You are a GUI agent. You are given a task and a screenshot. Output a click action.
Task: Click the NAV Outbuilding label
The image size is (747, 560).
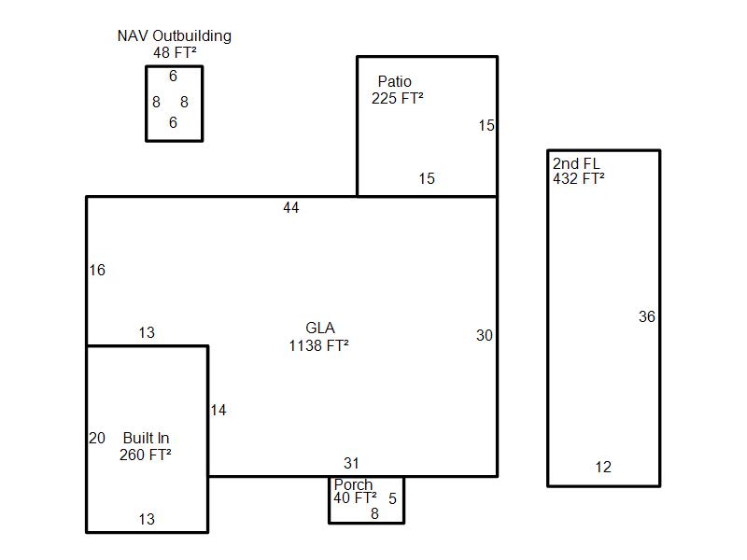174,36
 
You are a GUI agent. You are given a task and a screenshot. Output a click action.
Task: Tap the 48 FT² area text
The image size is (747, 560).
174,52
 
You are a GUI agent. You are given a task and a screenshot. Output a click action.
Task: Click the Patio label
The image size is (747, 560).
394,82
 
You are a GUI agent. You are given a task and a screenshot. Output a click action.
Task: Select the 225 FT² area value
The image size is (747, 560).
397,98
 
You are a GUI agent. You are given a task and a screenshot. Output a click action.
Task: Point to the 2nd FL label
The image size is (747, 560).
576,163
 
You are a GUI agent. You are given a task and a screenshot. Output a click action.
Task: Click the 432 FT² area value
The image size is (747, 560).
578,179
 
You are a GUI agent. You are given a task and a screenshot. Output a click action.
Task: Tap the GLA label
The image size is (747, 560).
320,329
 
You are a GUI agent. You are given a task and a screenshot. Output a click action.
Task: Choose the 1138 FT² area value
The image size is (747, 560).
319,345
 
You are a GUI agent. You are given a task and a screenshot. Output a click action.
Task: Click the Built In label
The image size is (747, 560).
146,439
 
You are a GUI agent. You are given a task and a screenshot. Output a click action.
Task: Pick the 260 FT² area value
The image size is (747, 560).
146,455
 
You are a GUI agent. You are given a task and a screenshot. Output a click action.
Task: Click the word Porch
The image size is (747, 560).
353,485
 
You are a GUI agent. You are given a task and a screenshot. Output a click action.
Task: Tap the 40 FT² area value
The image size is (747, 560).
355,498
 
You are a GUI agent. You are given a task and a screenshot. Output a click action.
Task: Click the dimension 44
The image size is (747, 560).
291,208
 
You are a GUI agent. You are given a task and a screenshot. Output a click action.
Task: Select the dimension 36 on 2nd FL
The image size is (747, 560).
647,317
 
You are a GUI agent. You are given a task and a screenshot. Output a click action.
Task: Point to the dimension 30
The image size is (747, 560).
484,336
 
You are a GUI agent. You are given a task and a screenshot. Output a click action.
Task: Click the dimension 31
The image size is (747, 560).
351,464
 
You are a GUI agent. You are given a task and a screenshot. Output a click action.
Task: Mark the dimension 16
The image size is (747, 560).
97,271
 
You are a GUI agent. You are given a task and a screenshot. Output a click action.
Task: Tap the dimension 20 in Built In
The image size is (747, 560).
97,439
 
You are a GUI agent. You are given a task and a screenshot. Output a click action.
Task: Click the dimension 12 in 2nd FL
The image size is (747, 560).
603,468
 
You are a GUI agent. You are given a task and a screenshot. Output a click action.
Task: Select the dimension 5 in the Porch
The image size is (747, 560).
392,499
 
